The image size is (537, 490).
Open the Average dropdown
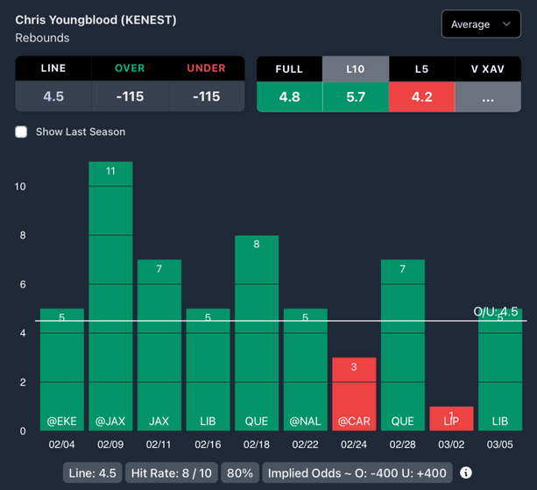[481, 25]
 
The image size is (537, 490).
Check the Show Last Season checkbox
[22, 131]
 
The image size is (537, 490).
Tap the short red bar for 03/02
[451, 418]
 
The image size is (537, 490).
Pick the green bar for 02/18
[257, 333]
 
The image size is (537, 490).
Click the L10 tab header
[356, 69]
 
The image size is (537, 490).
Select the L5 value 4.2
[421, 96]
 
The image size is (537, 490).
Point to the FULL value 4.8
[289, 96]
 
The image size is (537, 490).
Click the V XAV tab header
[488, 69]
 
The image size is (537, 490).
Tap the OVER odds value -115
[130, 96]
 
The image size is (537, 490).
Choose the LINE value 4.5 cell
[53, 96]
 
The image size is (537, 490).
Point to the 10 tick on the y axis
[20, 187]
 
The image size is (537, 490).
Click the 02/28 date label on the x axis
[403, 444]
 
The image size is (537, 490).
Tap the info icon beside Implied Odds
[466, 473]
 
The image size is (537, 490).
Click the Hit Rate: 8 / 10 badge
[171, 473]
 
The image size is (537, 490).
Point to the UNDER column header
[206, 68]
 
